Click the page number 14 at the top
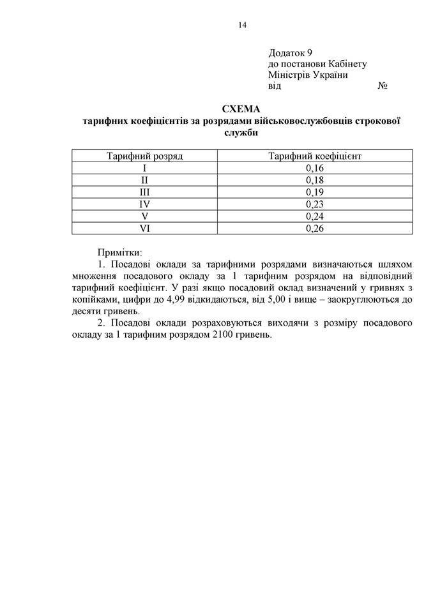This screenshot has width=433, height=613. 242,26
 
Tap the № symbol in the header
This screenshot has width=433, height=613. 383,86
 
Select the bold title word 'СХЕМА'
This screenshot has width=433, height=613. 242,109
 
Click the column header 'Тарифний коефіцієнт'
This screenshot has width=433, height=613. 315,156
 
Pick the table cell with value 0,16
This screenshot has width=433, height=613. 315,168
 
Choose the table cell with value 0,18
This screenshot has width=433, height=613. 315,180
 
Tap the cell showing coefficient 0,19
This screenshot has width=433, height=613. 315,192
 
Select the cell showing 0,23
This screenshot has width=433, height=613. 315,204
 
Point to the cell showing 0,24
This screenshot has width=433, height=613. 315,216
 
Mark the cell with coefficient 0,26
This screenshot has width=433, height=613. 315,228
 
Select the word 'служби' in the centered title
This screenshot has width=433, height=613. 242,133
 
